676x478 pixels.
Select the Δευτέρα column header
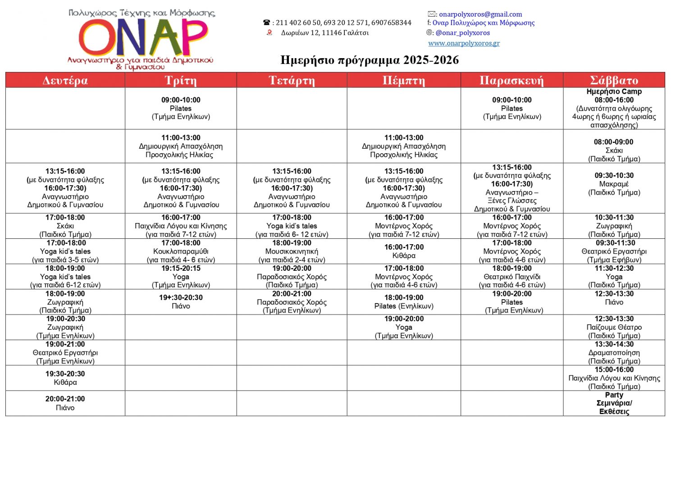tap(65, 80)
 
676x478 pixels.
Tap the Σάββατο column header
tap(614, 80)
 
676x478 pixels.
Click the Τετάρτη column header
tap(292, 80)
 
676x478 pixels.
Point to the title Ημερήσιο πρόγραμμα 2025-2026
tap(370, 60)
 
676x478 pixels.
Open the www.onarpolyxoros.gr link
tap(464, 43)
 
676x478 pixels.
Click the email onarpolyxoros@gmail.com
tap(480, 14)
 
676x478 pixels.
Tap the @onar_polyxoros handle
tap(462, 33)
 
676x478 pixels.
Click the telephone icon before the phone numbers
tap(267, 23)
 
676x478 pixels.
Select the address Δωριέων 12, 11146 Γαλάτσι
tap(324, 33)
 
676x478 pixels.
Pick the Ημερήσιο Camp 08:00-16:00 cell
tap(614, 108)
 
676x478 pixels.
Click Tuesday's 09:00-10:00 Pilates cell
tap(181, 108)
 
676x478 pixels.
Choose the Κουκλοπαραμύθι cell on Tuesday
tap(181, 251)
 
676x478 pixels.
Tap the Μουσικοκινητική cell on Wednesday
tap(292, 251)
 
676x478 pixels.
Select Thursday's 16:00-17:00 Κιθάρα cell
tap(404, 251)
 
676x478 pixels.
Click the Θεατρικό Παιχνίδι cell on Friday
tap(512, 277)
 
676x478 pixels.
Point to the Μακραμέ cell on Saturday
tap(614, 184)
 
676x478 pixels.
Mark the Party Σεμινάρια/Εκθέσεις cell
tap(614, 403)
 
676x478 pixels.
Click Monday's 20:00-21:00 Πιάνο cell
tap(65, 403)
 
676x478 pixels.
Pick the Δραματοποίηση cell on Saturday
tap(614, 353)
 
